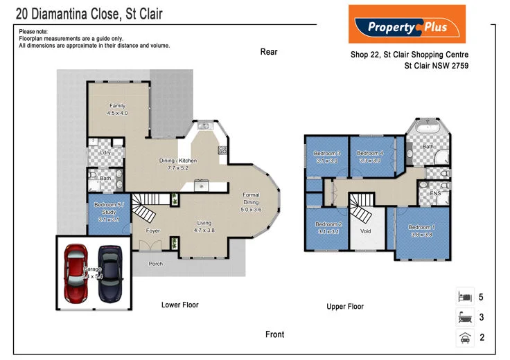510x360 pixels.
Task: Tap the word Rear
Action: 269,52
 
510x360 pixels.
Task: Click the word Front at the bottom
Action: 274,334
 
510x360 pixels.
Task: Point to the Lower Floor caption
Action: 179,305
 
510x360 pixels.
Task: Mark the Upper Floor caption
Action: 345,306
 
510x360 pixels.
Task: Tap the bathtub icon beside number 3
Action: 464,318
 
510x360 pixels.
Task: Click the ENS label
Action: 435,193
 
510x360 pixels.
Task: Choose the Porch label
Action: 157,264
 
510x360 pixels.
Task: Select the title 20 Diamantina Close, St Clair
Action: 89,13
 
